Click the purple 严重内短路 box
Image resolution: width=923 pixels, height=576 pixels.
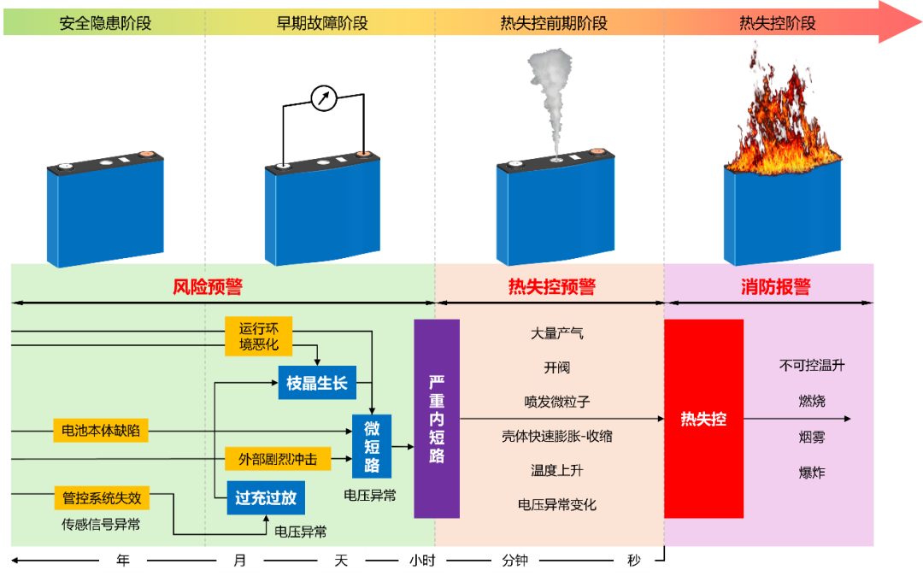[x=437, y=419]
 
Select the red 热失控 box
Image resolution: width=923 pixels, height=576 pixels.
[x=703, y=419]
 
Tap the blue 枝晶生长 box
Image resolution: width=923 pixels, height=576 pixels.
[x=317, y=383]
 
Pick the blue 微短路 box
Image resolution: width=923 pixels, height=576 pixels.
[x=372, y=445]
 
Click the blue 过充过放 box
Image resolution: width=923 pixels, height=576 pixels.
[x=266, y=497]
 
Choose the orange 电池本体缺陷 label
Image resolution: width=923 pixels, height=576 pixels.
[x=101, y=431]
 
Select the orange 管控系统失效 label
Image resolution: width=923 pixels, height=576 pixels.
[x=101, y=497]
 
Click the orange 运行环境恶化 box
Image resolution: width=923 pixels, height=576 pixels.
[x=259, y=337]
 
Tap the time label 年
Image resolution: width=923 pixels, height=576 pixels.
[x=123, y=561]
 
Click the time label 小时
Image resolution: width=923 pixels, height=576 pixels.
[x=422, y=561]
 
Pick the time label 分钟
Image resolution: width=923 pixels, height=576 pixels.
[x=514, y=561]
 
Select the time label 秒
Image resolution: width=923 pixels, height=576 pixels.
[x=633, y=561]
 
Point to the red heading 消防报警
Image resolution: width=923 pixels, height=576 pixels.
[x=775, y=286]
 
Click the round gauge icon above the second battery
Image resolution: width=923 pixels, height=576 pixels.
[x=324, y=98]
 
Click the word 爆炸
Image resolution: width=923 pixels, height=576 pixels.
[x=812, y=473]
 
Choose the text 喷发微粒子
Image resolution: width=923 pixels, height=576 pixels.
[x=557, y=402]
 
